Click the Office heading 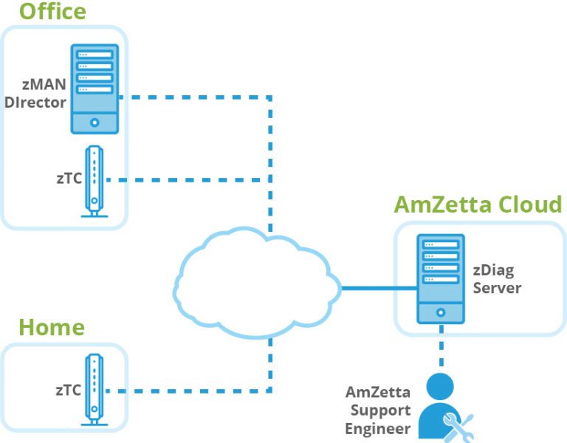pyautogui.click(x=52, y=12)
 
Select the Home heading pyautogui.click(x=52, y=326)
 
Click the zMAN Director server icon pyautogui.click(x=94, y=89)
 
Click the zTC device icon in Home pyautogui.click(x=94, y=389)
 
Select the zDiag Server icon pyautogui.click(x=441, y=279)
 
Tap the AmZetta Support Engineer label pyautogui.click(x=378, y=410)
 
